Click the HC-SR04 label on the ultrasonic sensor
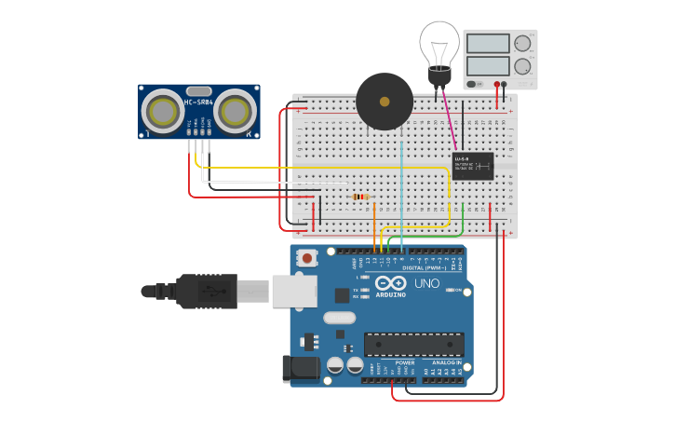[199, 102]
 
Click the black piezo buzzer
[385, 102]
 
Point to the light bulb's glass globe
[439, 43]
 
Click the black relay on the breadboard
[472, 166]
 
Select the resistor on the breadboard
[361, 197]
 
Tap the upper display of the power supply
[487, 44]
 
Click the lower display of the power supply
[487, 66]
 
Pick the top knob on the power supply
[522, 43]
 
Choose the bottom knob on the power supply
[522, 66]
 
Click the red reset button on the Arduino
[305, 258]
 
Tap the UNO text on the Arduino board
[426, 283]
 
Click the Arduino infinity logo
[391, 282]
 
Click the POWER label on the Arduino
[404, 362]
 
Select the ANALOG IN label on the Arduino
[446, 362]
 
